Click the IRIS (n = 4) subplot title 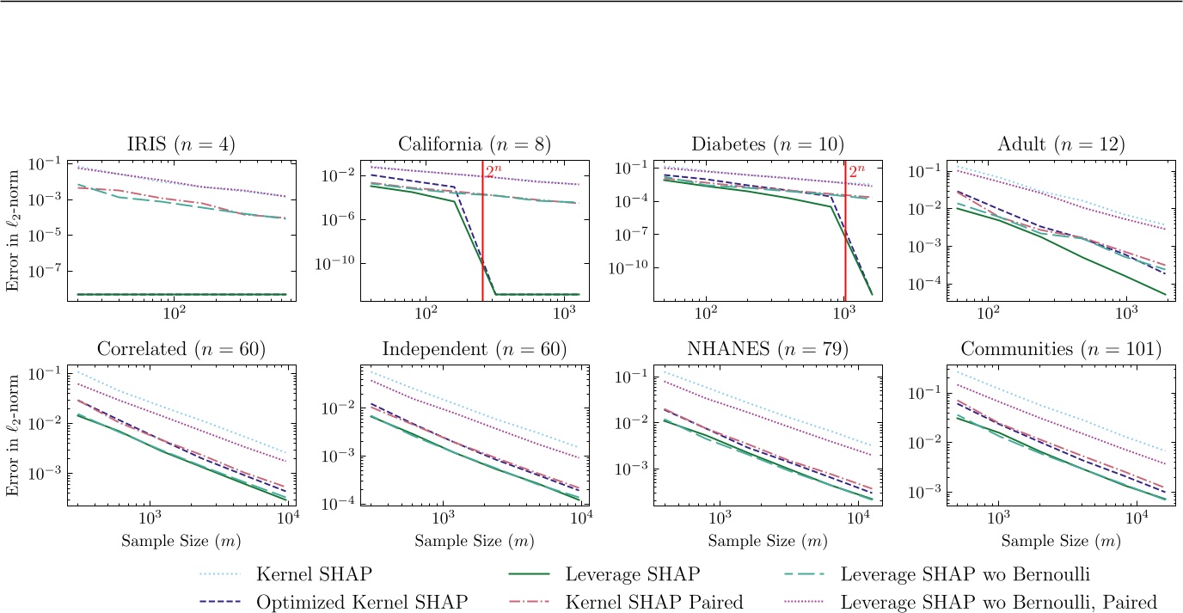click(179, 144)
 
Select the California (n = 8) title click(474, 144)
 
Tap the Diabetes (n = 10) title click(768, 144)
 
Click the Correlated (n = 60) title click(179, 349)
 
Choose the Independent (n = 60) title click(474, 349)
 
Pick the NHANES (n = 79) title click(768, 349)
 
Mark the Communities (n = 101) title click(1062, 349)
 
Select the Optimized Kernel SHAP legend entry click(361, 602)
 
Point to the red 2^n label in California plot click(493, 172)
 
